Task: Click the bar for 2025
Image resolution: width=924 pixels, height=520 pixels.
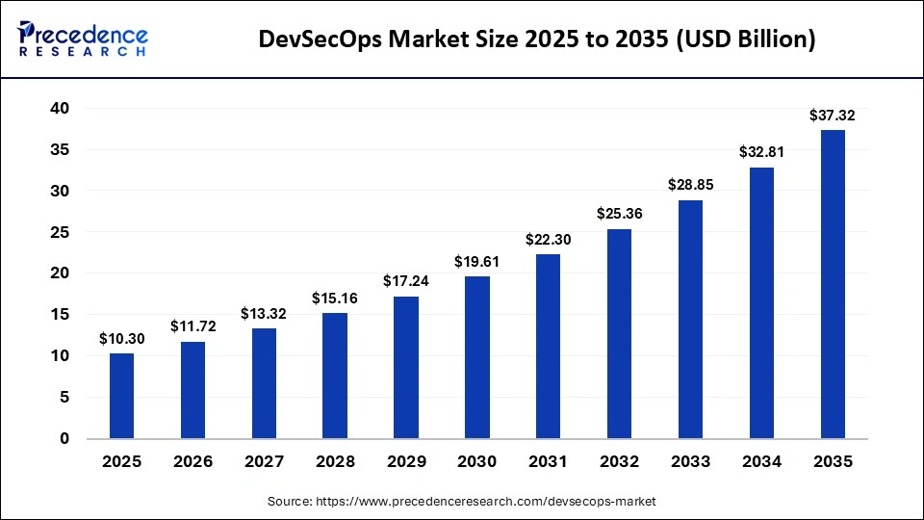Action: tap(121, 395)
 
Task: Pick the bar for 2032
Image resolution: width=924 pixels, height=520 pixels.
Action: tap(619, 333)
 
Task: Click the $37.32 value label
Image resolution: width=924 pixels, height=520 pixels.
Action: tap(832, 116)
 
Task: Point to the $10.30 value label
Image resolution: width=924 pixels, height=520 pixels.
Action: tap(121, 339)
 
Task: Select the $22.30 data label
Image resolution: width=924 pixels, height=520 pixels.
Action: tap(548, 240)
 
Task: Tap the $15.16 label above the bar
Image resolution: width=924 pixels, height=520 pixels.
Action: tap(335, 299)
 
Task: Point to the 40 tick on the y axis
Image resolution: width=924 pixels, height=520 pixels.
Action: tap(60, 109)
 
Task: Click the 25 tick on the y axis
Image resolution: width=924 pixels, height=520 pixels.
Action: tap(60, 232)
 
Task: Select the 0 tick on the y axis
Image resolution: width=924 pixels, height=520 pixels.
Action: tap(64, 439)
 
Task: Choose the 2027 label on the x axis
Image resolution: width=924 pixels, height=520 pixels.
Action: tap(264, 462)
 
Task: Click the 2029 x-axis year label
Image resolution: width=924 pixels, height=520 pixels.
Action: tap(405, 462)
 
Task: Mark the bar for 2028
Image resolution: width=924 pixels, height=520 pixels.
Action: tap(335, 376)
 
